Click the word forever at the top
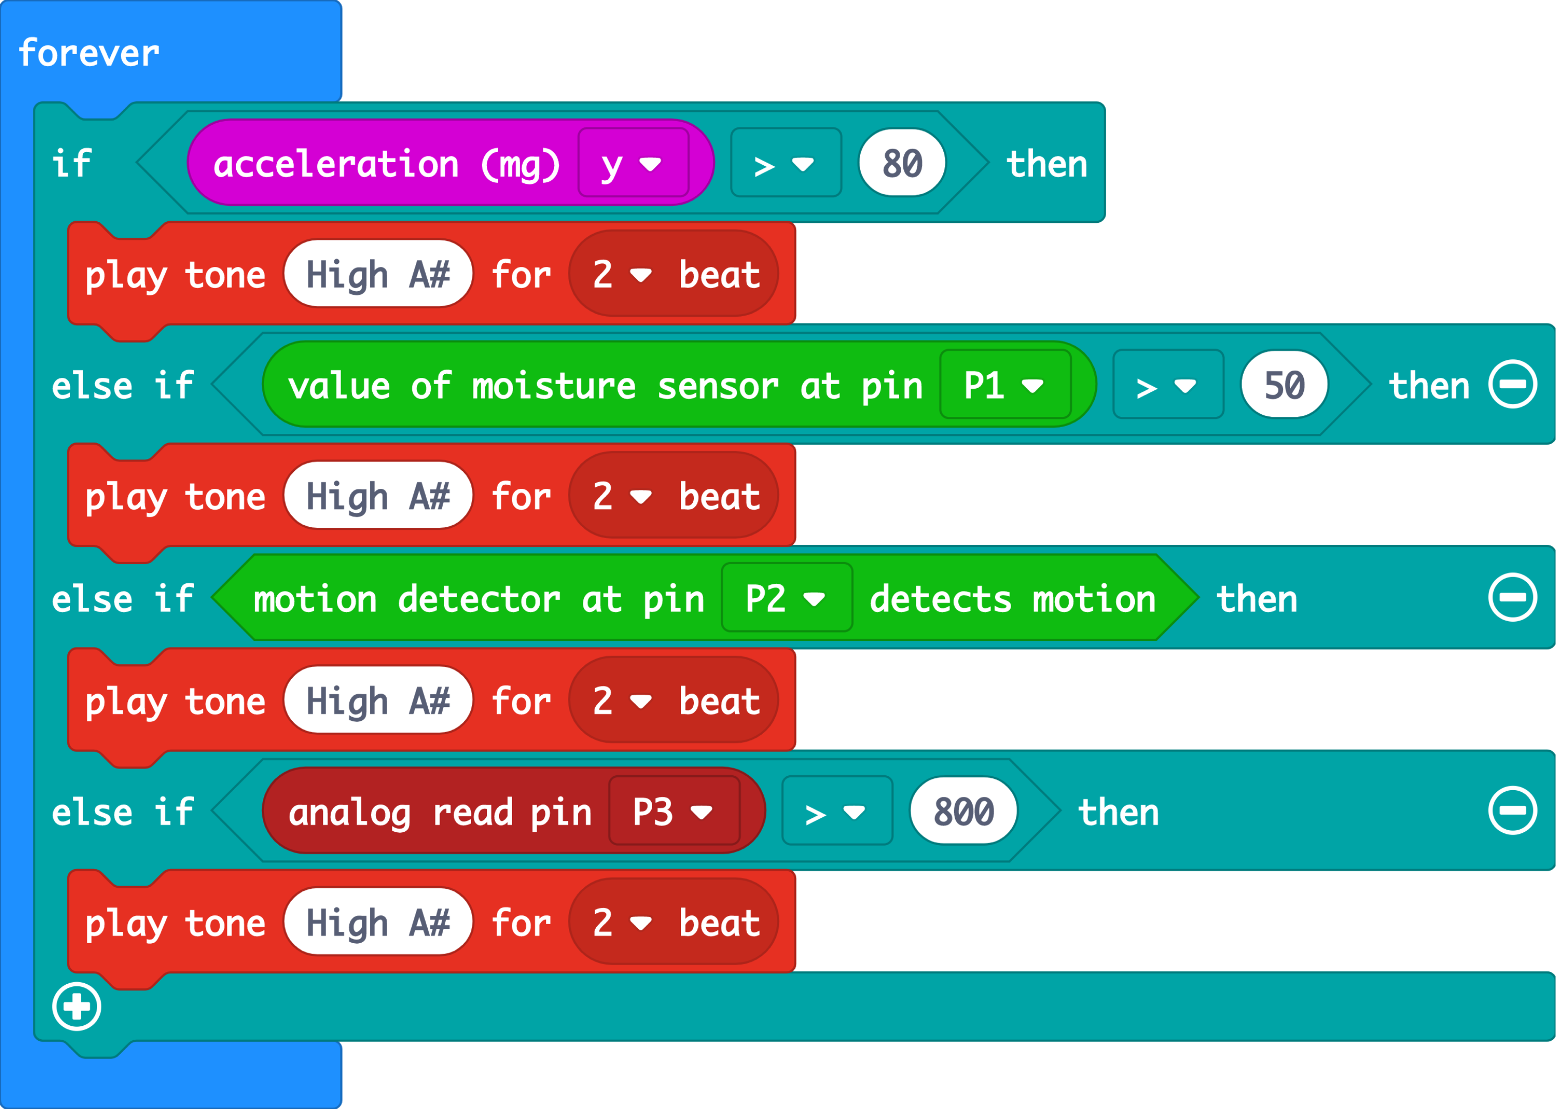coord(89,53)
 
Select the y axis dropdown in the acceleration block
coord(633,164)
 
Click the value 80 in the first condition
coord(902,164)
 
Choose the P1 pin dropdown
coord(1004,385)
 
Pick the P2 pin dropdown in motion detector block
coord(786,598)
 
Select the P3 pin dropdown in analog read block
coord(673,811)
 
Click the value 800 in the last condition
coord(963,811)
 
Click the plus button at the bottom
coord(77,1006)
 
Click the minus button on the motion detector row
coord(1512,598)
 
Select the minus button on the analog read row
coord(1512,811)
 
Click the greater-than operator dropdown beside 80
coord(786,164)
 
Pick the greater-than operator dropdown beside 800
coord(837,811)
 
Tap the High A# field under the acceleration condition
coord(378,275)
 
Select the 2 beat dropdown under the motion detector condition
coord(673,701)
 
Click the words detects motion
coord(1012,599)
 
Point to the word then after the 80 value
coord(1047,164)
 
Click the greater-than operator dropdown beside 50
coord(1167,385)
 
